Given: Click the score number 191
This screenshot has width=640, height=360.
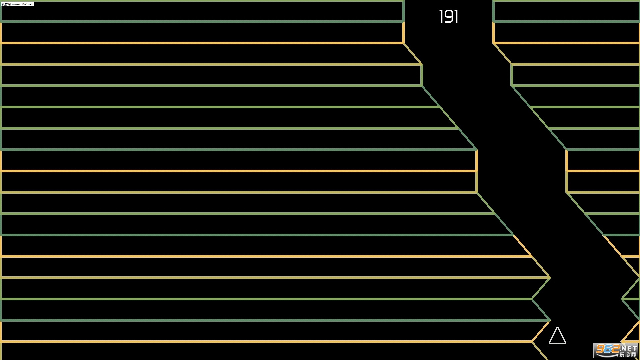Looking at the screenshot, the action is pyautogui.click(x=449, y=17).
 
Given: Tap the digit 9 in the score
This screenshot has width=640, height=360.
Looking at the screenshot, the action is pyautogui.click(x=449, y=17).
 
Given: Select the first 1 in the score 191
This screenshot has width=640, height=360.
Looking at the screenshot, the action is pyautogui.click(x=441, y=17).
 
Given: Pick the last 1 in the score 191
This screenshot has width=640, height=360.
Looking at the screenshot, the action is pyautogui.click(x=457, y=17).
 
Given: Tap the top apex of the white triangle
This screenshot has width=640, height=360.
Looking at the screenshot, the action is pyautogui.click(x=557, y=327).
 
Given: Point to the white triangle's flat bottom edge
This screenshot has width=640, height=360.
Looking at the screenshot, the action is pyautogui.click(x=557, y=343).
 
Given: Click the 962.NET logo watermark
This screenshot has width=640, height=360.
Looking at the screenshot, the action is pyautogui.click(x=616, y=351).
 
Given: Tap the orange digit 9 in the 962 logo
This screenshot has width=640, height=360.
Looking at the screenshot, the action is pyautogui.click(x=601, y=349).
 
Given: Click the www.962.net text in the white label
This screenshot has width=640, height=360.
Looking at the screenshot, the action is pyautogui.click(x=22, y=4).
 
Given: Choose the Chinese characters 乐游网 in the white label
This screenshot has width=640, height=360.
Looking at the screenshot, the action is pyautogui.click(x=6, y=4).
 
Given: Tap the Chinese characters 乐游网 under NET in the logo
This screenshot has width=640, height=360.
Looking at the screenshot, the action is pyautogui.click(x=629, y=355).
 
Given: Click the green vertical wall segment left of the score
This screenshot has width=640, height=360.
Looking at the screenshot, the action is pyautogui.click(x=403, y=11).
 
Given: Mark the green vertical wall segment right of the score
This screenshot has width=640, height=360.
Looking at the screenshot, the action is pyautogui.click(x=493, y=11).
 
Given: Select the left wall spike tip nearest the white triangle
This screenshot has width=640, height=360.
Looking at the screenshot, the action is pyautogui.click(x=550, y=320).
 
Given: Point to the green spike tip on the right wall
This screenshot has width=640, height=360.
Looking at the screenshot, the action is pyautogui.click(x=622, y=299).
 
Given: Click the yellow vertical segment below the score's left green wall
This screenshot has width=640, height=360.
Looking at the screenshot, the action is pyautogui.click(x=403, y=33).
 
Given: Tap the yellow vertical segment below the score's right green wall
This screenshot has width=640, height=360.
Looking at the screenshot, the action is pyautogui.click(x=493, y=33).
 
